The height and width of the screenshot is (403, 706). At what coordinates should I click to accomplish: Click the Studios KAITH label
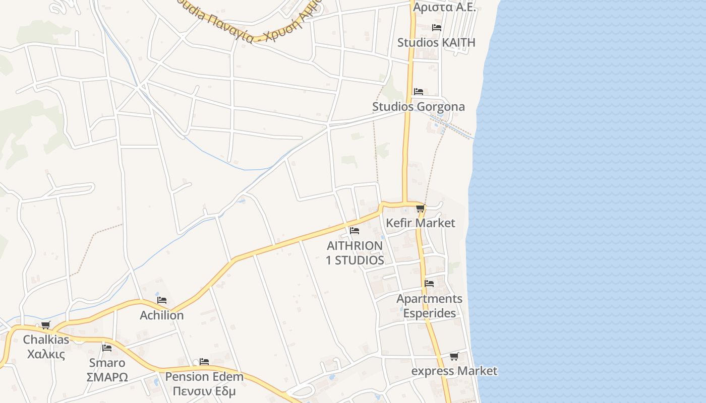point(436,42)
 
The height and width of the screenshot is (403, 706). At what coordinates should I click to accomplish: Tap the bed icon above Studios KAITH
point(437,27)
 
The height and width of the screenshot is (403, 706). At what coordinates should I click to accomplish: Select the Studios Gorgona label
point(418,107)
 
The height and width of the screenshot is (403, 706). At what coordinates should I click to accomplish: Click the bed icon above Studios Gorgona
point(419,91)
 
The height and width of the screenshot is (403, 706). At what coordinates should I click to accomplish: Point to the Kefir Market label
point(420,223)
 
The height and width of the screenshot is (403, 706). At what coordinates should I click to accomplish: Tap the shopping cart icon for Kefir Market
point(420,209)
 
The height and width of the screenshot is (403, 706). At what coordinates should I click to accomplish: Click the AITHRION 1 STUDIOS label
point(355,253)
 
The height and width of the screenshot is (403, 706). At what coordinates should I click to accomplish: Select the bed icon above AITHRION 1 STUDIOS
point(355,231)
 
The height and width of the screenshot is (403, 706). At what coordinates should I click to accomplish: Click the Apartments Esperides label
point(429,306)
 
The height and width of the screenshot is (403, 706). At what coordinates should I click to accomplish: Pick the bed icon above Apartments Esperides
point(429,283)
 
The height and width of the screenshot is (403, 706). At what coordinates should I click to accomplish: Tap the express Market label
point(454,371)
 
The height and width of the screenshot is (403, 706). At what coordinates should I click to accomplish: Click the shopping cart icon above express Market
point(454,357)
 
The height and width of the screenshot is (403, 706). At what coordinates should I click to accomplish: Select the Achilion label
point(161,315)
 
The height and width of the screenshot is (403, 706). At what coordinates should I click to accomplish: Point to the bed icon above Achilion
point(161,300)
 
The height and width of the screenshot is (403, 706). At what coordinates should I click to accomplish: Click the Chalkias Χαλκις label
point(46,347)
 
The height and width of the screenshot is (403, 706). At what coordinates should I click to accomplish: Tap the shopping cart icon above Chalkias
point(46,325)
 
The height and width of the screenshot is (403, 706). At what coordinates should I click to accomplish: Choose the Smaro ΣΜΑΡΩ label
point(107,370)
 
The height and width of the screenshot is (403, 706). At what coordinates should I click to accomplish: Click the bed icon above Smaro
point(107,348)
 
